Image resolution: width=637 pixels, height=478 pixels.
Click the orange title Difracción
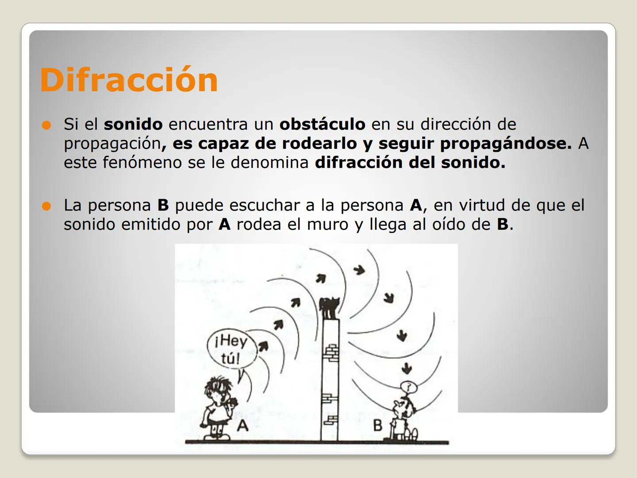tap(129, 80)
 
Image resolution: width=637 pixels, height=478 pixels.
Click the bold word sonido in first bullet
tap(133, 124)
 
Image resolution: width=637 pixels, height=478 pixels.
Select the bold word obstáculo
tap(322, 124)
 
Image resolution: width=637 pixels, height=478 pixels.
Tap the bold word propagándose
tap(506, 143)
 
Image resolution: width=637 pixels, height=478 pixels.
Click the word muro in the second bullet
tap(327, 224)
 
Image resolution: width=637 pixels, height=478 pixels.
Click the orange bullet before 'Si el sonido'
tap(46, 125)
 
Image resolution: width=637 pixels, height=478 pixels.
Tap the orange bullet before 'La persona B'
tap(46, 206)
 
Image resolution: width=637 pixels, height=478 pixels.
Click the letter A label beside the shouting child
tap(242, 425)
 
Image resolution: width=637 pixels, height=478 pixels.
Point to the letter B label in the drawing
tap(378, 425)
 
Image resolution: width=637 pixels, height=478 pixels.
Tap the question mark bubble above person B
tap(409, 386)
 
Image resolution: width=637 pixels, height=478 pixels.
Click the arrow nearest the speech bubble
tap(263, 346)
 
